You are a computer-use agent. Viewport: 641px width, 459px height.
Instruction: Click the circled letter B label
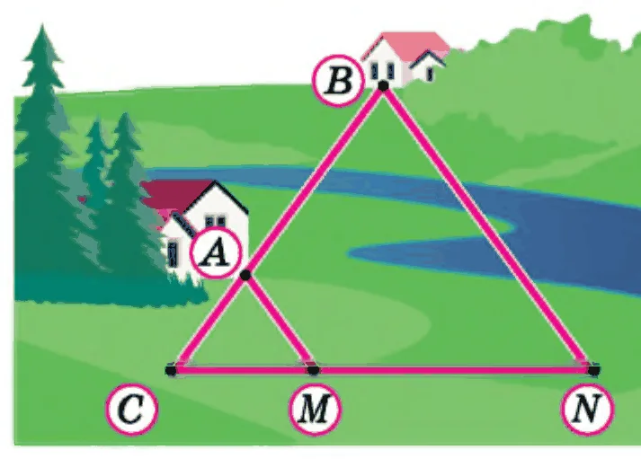338,81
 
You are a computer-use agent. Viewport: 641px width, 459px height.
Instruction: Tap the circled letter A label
217,253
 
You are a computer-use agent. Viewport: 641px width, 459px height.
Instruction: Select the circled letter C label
131,409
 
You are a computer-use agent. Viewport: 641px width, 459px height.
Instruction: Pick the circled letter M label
315,409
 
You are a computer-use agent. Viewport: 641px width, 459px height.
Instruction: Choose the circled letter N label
587,409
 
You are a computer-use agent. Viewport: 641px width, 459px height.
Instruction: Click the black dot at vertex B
383,85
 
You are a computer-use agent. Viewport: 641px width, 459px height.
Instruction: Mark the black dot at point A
245,275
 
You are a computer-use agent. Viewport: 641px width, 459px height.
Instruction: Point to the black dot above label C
171,370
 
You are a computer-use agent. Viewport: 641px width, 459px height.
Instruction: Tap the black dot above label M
313,370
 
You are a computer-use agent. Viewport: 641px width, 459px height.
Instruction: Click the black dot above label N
593,370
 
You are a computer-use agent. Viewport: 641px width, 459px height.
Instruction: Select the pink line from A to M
280,322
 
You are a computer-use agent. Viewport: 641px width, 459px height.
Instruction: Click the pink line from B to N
488,228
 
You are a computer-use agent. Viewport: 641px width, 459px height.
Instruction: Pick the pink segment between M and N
453,370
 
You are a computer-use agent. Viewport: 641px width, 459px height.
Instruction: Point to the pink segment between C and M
242,370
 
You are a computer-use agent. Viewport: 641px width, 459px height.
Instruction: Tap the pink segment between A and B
314,181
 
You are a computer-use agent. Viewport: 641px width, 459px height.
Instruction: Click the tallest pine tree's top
42,26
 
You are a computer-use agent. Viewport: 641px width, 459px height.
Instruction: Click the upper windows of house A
215,221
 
